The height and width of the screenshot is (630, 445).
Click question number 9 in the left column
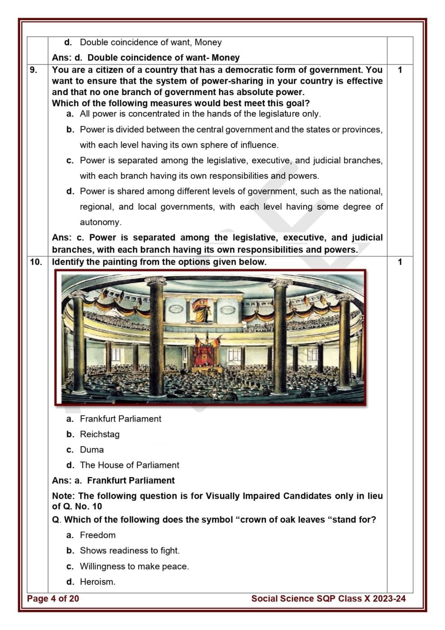pyautogui.click(x=33, y=70)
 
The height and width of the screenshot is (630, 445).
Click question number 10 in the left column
pyautogui.click(x=36, y=262)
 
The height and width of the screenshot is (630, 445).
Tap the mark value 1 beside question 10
pyautogui.click(x=400, y=262)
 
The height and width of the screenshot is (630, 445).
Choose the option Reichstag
pyautogui.click(x=100, y=434)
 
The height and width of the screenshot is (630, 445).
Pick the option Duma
pyautogui.click(x=92, y=450)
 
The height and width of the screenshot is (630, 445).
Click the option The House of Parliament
pyautogui.click(x=129, y=465)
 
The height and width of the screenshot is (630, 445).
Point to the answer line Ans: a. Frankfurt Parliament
pyautogui.click(x=113, y=481)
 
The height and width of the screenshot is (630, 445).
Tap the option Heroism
pyautogui.click(x=98, y=582)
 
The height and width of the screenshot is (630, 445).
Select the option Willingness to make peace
pyautogui.click(x=134, y=566)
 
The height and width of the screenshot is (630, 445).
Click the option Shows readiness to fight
pyautogui.click(x=129, y=550)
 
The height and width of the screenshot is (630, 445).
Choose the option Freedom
pyautogui.click(x=98, y=535)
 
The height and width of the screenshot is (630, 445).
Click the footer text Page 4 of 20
pyautogui.click(x=53, y=599)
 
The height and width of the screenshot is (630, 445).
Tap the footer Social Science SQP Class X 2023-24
pyautogui.click(x=328, y=599)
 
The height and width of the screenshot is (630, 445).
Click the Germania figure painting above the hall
pyautogui.click(x=201, y=310)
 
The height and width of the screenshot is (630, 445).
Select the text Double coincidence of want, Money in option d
pyautogui.click(x=150, y=42)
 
